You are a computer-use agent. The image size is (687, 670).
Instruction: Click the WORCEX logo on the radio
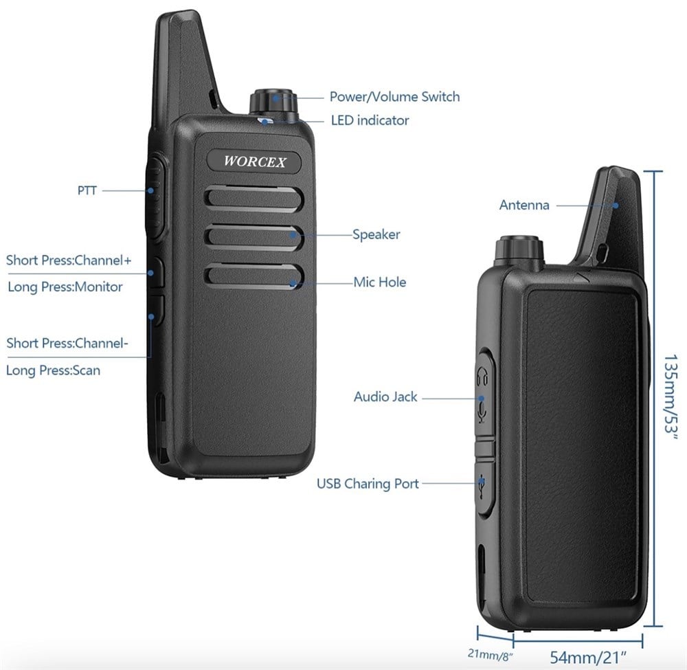[255, 161]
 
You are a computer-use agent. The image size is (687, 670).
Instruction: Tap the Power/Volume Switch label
[395, 96]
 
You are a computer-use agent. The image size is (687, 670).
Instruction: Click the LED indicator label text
[370, 120]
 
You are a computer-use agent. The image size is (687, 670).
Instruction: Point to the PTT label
[87, 190]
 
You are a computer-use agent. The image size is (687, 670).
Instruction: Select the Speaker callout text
[376, 234]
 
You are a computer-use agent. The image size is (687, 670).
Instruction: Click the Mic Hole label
[380, 282]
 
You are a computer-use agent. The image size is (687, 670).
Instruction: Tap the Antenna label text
[524, 205]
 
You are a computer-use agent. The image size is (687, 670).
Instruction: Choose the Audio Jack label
[385, 397]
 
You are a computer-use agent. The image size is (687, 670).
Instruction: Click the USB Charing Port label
[368, 483]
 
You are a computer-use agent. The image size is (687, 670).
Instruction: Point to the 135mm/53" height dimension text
[671, 394]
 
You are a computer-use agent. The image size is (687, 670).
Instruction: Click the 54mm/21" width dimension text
[589, 657]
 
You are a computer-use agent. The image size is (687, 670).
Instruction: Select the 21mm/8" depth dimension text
[490, 655]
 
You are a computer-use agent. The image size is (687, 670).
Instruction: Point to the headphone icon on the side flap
[482, 377]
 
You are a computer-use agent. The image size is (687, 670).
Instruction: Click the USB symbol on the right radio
[482, 487]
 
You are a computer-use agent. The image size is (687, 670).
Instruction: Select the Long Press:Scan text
[53, 370]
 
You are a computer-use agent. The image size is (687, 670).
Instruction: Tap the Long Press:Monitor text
[65, 287]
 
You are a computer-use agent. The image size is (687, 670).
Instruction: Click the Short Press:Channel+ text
[69, 260]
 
